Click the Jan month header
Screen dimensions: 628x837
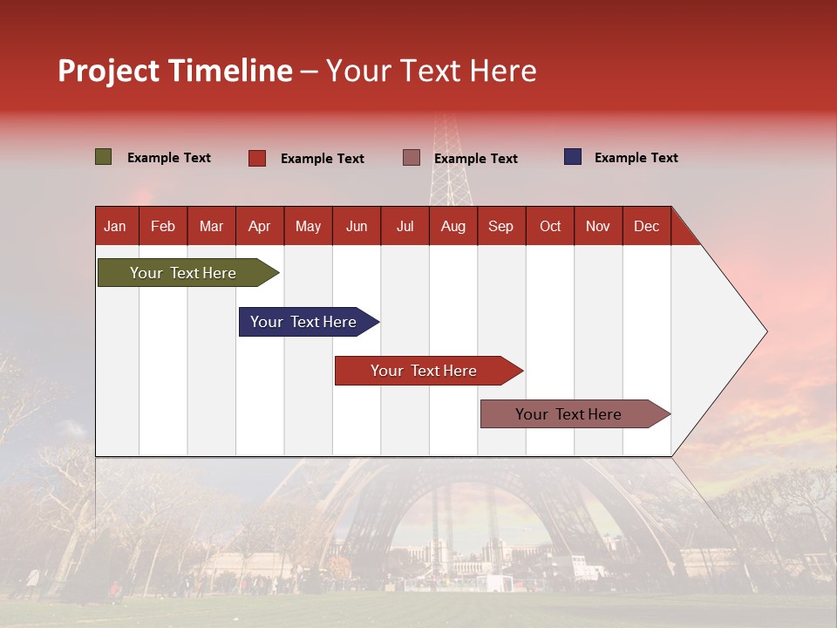[115, 226]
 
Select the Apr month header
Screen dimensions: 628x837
[259, 226]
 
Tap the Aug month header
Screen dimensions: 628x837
[453, 226]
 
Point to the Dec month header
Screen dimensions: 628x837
[646, 226]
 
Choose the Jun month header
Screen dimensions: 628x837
[356, 226]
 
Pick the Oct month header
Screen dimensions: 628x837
[549, 226]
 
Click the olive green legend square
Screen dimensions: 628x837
[103, 157]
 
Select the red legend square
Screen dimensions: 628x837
[256, 158]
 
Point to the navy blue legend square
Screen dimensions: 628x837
[572, 157]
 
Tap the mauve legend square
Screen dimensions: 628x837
[412, 157]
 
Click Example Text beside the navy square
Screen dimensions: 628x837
[636, 158]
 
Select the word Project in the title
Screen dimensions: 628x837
[109, 71]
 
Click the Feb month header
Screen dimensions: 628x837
[163, 226]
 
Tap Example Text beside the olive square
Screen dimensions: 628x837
[168, 158]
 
